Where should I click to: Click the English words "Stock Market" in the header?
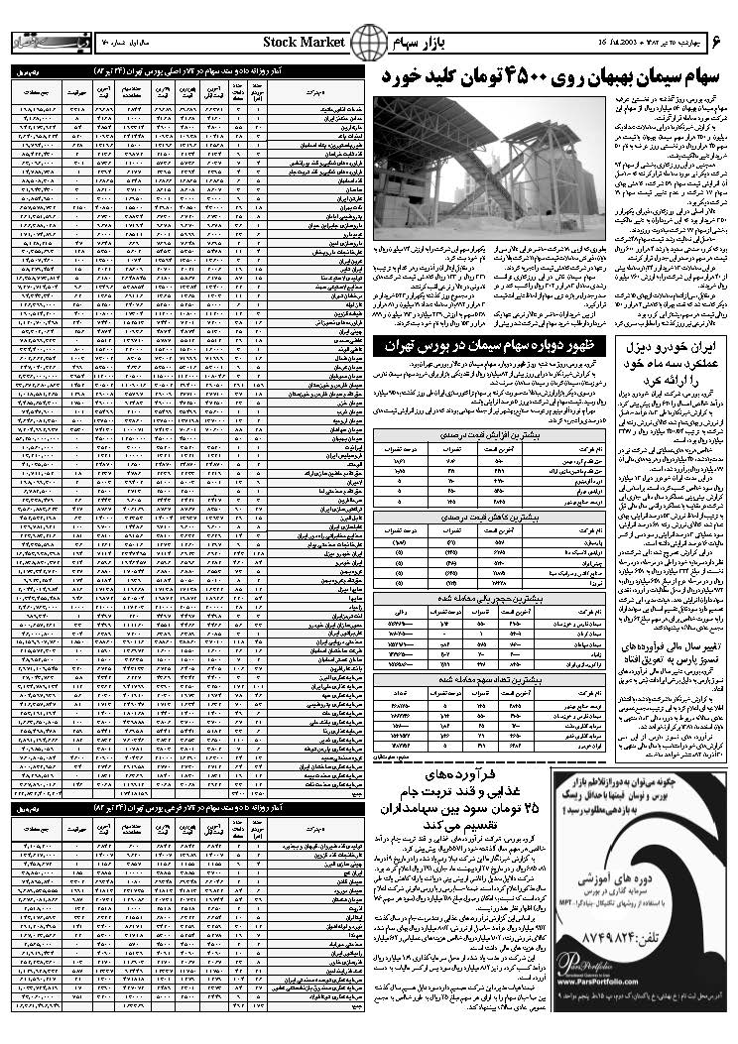[305, 42]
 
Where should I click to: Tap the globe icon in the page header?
[370, 42]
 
